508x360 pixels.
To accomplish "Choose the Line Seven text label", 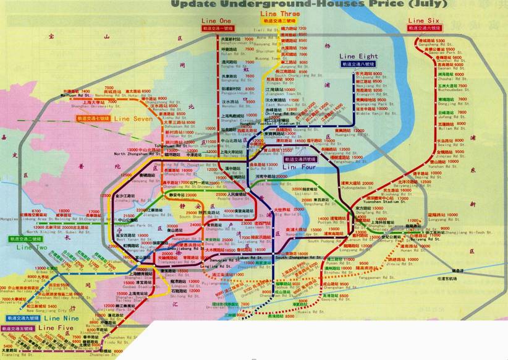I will [133, 118].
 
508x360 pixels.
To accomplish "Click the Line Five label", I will [55, 328].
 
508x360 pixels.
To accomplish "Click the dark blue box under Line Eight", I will [358, 64].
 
